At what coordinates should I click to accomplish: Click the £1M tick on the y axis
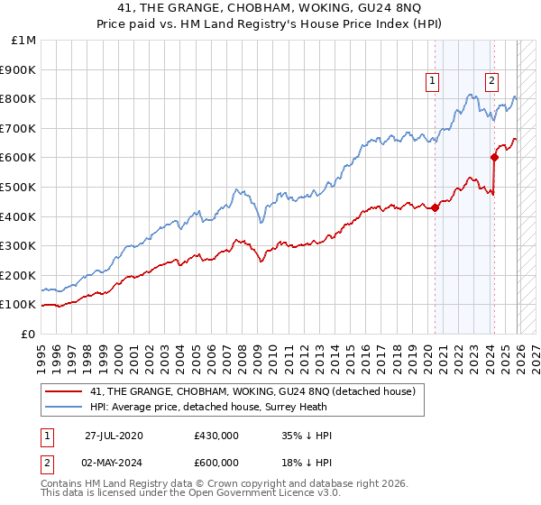click(x=24, y=40)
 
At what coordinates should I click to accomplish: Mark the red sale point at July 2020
click(x=435, y=207)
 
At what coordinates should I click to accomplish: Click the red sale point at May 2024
click(x=494, y=157)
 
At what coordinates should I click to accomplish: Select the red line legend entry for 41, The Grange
click(x=252, y=391)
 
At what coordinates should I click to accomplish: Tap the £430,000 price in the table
click(x=215, y=436)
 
